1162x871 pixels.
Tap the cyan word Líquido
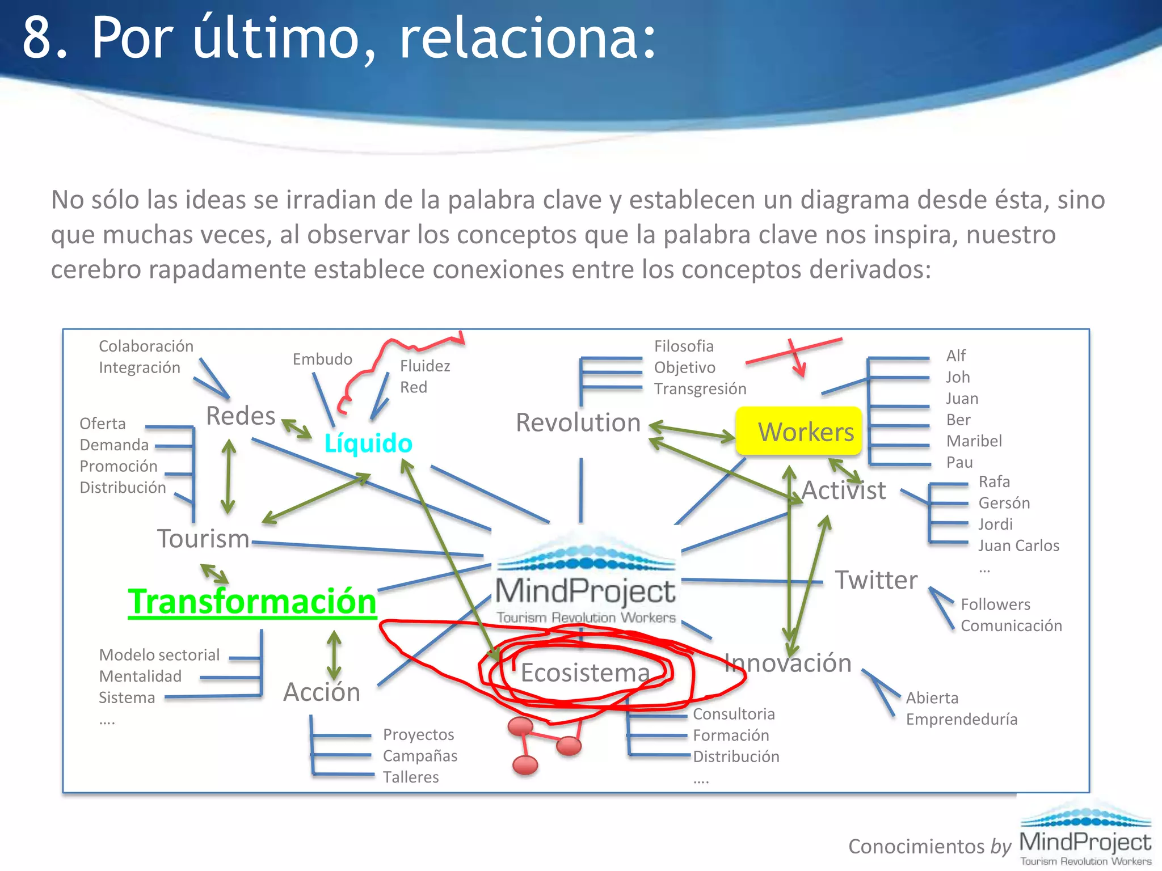[x=368, y=443]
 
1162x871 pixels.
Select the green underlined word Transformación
[x=252, y=602]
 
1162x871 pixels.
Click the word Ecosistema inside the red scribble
[x=585, y=673]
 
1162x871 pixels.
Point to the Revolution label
[x=578, y=422]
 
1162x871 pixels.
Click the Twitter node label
[x=876, y=580]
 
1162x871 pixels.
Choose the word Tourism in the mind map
[x=203, y=539]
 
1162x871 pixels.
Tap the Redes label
[x=241, y=416]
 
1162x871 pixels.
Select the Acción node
[x=322, y=692]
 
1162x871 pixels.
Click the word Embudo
[x=322, y=359]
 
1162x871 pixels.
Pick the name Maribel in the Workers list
[x=974, y=441]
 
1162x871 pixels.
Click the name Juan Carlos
[x=1018, y=546]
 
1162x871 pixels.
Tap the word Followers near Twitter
[x=995, y=604]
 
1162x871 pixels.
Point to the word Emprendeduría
[x=961, y=719]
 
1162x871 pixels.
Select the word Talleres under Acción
[x=411, y=777]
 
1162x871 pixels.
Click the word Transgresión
[x=700, y=389]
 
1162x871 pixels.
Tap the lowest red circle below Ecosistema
[x=525, y=765]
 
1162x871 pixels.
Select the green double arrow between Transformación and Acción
[x=334, y=655]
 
